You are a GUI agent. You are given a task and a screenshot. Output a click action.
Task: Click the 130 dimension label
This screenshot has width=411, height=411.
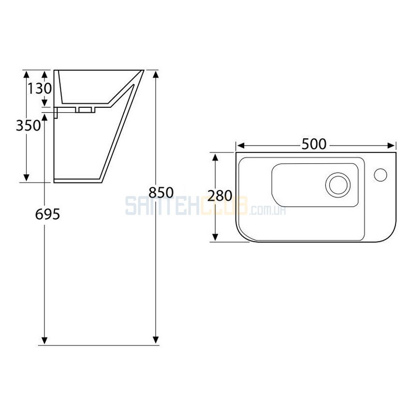(x=40, y=88)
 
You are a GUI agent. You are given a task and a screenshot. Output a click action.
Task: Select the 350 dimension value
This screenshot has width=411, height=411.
(x=29, y=125)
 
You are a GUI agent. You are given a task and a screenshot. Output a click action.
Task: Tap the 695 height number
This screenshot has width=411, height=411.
(x=47, y=214)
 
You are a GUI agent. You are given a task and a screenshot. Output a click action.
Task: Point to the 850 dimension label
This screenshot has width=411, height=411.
(x=161, y=192)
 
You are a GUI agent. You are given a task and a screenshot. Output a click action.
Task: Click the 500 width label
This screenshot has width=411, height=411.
(x=314, y=144)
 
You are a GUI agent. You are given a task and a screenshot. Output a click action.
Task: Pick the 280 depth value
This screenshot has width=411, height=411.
(x=220, y=195)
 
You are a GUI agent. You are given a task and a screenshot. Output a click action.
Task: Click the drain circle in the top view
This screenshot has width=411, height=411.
(x=338, y=185)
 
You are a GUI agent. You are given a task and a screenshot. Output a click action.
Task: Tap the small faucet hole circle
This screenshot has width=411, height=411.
(x=381, y=175)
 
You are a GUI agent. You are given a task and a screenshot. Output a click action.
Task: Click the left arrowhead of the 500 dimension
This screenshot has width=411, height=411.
(x=240, y=146)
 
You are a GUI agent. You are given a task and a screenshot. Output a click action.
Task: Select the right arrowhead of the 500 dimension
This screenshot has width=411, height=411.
(x=391, y=146)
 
